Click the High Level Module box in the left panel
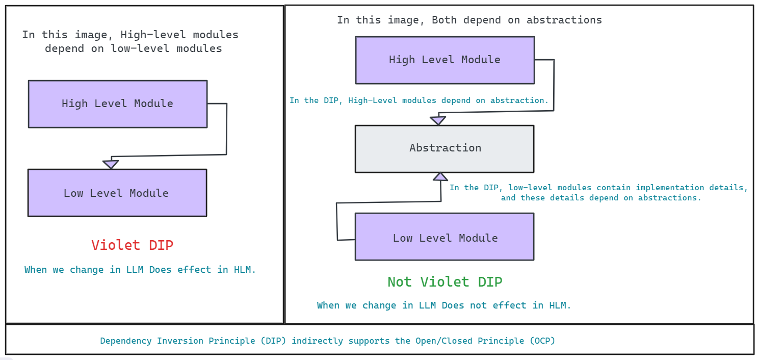pyautogui.click(x=118, y=104)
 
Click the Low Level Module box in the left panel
pyautogui.click(x=117, y=193)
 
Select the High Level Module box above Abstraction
pyautogui.click(x=445, y=60)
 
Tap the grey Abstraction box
pyautogui.click(x=445, y=148)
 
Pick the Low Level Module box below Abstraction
pyautogui.click(x=445, y=237)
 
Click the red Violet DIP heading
pyautogui.click(x=133, y=245)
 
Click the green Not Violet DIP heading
pyautogui.click(x=445, y=282)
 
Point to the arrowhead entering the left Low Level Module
pyautogui.click(x=111, y=164)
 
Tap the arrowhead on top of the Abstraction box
pyautogui.click(x=438, y=120)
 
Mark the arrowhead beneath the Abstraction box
pyautogui.click(x=440, y=176)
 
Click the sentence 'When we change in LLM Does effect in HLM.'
pyautogui.click(x=140, y=270)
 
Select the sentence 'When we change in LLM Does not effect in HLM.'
pyautogui.click(x=444, y=305)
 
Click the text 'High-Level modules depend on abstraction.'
pyautogui.click(x=449, y=100)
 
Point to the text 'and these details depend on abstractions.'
pyautogui.click(x=601, y=198)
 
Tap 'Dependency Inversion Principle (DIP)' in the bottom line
pyautogui.click(x=194, y=341)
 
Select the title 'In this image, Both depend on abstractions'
pyautogui.click(x=469, y=20)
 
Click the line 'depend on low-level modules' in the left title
pyautogui.click(x=134, y=49)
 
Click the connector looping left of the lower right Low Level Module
pyautogui.click(x=337, y=222)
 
